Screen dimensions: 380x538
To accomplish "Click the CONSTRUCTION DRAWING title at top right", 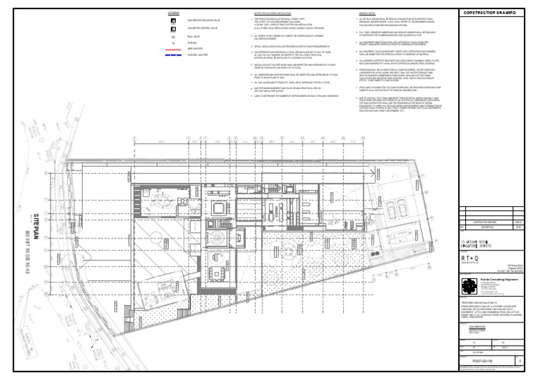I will (x=494, y=13).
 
